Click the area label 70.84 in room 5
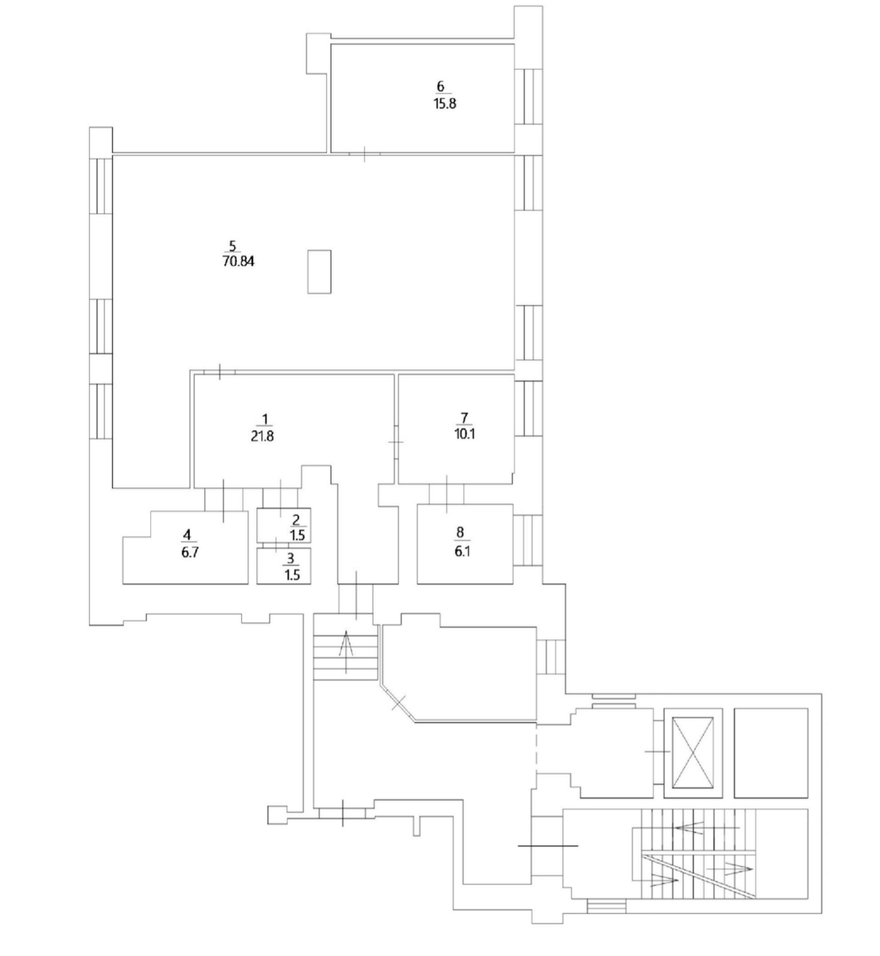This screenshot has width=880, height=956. pos(238,261)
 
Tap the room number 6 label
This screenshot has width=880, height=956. pos(441,87)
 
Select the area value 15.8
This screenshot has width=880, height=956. pos(444,103)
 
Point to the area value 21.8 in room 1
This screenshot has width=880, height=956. pos(262,436)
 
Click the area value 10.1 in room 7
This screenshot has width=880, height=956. pos(464,434)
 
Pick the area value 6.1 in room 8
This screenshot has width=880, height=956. pos(462,551)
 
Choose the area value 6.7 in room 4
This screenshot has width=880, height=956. pos(190,552)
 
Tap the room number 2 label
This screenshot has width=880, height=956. pos(296,520)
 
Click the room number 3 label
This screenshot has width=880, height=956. pos(291,559)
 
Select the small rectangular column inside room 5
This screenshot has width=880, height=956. pos(319,272)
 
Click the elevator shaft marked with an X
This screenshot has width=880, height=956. pos(693,753)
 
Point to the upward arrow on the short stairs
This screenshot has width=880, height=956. pos(346,651)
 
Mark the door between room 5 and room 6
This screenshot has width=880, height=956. pos(364,154)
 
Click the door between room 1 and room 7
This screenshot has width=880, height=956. pos(396,442)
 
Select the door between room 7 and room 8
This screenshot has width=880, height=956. pos(447,494)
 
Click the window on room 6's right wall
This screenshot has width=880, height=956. pos(528,96)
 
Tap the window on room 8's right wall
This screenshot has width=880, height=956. pos(528,540)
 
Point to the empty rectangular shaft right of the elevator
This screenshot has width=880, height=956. pos(771,753)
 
